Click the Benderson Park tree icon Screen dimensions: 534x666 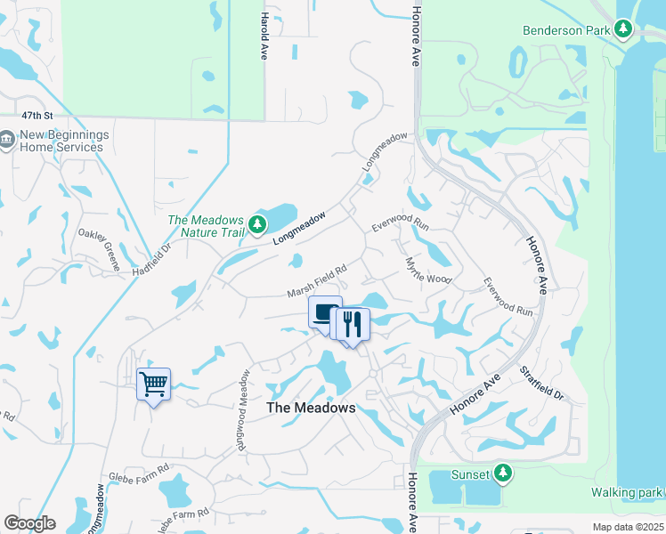point(623,30)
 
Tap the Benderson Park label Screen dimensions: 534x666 point(566,30)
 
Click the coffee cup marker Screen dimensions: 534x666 point(324,312)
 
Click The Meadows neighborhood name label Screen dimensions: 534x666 point(311,408)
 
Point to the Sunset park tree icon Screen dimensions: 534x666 point(504,473)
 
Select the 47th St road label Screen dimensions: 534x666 point(37,117)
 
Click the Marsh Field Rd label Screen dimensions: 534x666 point(316,281)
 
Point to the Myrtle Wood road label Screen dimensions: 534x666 point(428,271)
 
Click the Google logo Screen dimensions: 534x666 point(29,523)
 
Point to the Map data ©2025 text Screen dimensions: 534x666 point(629,527)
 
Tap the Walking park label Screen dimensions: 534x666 point(627,492)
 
